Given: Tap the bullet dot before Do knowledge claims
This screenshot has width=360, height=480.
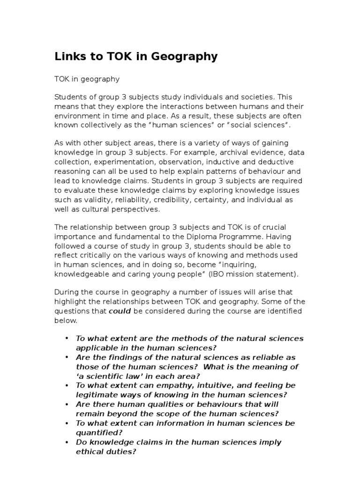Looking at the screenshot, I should coord(67,442).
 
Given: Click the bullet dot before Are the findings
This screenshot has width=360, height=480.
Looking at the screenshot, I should coord(67,357).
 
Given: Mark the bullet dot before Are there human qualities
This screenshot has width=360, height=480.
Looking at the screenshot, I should coord(67,404).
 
